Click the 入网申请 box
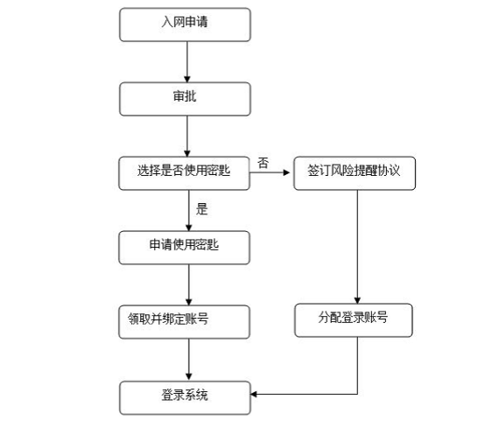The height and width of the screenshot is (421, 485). point(185,25)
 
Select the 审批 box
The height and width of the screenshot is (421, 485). point(185,99)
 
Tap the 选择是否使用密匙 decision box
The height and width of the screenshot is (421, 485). point(185,173)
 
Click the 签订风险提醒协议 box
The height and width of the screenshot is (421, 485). point(355,173)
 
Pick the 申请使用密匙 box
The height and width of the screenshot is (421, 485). point(185,248)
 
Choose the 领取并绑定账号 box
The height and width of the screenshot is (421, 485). point(185,322)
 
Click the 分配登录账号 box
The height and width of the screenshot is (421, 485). point(354,320)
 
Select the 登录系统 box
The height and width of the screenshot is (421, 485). point(185,397)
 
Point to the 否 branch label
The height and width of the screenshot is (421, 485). point(263,163)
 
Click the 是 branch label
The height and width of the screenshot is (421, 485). point(201,209)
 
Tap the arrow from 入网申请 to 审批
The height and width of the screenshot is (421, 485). point(187,62)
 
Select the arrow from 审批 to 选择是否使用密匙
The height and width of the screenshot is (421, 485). point(187,137)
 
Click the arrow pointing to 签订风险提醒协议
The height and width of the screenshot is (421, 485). point(270,172)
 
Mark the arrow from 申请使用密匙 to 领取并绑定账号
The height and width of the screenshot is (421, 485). point(189,284)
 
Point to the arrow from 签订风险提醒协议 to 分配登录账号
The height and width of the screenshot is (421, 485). point(357,247)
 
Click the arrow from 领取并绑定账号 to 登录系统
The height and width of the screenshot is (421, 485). point(189,360)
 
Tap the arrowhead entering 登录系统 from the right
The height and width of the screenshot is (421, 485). point(254,394)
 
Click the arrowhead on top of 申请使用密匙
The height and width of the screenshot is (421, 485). point(189,228)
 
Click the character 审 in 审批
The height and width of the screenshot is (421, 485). point(179,96)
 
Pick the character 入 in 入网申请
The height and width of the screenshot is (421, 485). point(167,22)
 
